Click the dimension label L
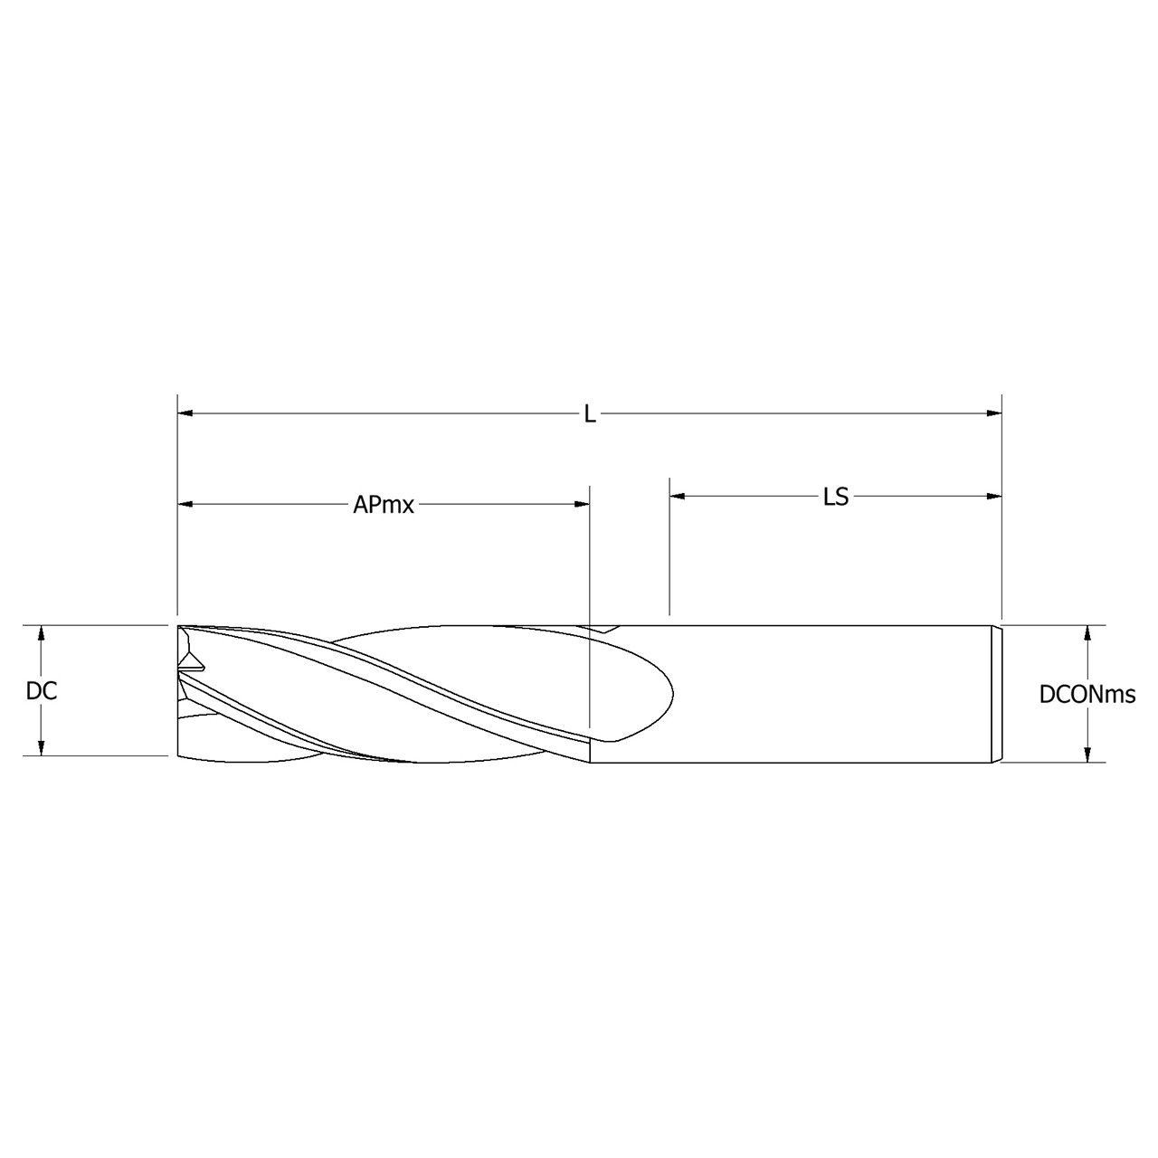(589, 414)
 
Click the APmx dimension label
(383, 505)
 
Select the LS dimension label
(835, 497)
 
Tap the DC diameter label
(42, 691)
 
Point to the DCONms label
(1087, 695)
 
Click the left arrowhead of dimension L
(185, 414)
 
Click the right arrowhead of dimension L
(994, 414)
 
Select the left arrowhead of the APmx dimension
(185, 504)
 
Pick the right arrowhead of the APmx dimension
(582, 504)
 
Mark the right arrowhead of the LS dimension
(994, 496)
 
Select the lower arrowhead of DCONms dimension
(1087, 755)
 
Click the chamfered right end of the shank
(999, 693)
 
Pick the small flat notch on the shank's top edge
(601, 627)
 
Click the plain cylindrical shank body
(832, 693)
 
